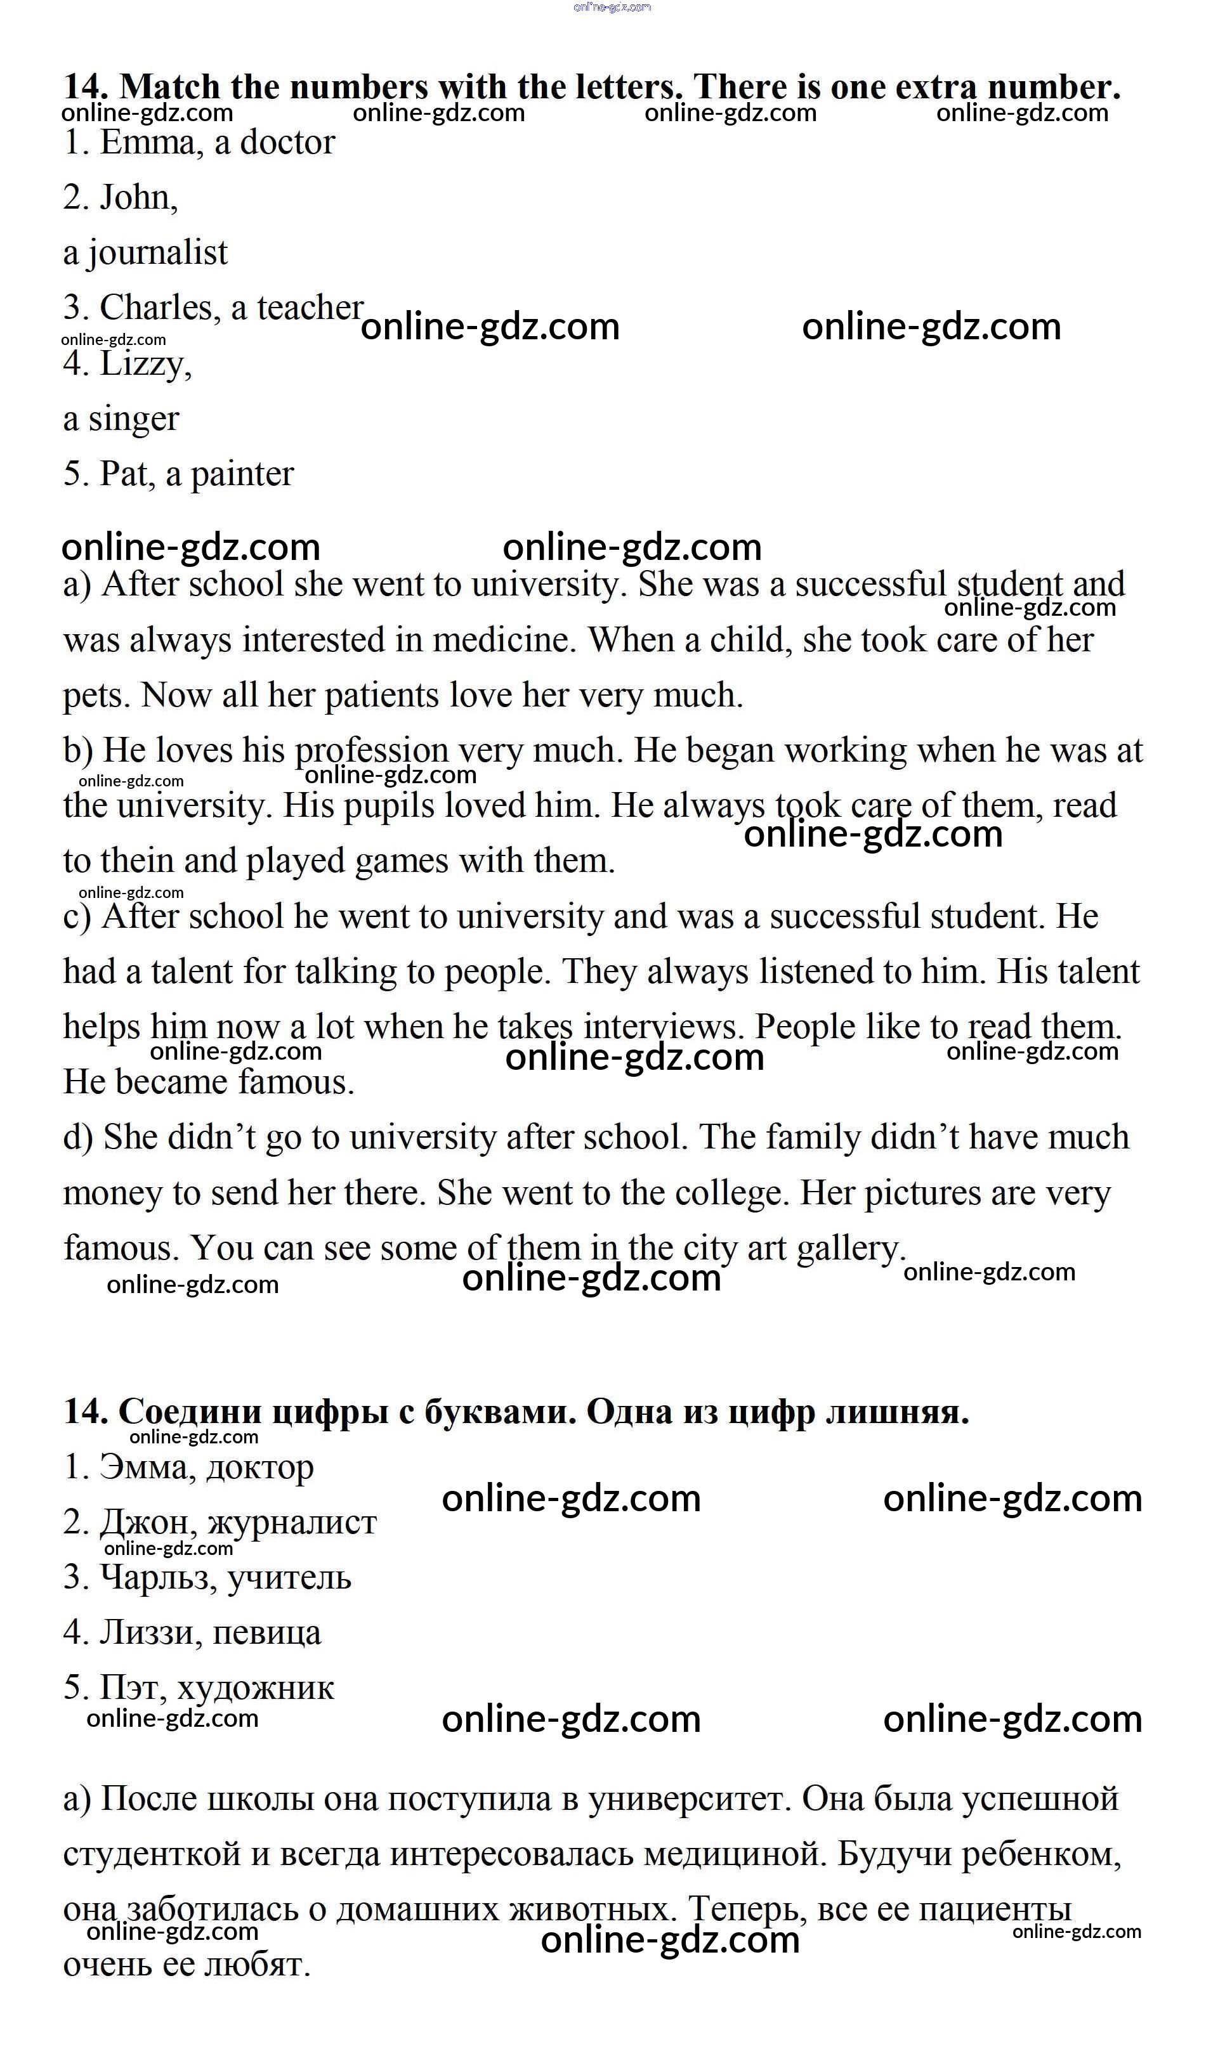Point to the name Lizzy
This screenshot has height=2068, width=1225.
[x=145, y=364]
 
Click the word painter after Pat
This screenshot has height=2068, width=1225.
[x=243, y=474]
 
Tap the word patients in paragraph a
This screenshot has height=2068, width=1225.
[x=381, y=696]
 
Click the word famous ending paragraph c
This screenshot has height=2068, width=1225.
[x=296, y=1083]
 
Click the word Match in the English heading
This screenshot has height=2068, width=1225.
[x=170, y=88]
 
